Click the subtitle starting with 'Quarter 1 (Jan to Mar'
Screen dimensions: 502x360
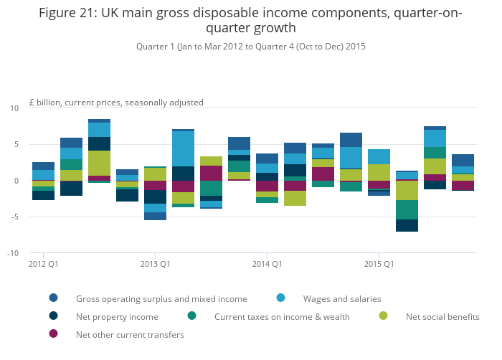click(251, 47)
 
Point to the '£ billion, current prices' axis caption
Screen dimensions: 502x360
click(116, 103)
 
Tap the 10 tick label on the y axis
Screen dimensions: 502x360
click(14, 108)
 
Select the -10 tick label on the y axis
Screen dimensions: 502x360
click(13, 253)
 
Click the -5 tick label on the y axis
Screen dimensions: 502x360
click(14, 217)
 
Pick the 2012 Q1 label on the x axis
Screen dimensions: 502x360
click(44, 264)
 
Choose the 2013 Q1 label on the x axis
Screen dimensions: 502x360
click(156, 264)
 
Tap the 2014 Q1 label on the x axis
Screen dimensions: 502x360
click(267, 264)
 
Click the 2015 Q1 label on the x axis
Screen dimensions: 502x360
click(379, 264)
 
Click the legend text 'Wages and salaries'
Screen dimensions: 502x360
click(342, 299)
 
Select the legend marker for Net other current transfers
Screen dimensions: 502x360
click(54, 333)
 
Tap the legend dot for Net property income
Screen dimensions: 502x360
click(54, 316)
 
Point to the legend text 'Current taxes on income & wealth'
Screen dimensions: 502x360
click(282, 317)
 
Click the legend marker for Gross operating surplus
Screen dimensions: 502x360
click(54, 298)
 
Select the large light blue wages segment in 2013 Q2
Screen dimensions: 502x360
click(183, 148)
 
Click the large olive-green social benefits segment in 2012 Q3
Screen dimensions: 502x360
click(99, 163)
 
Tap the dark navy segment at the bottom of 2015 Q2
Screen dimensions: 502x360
click(407, 225)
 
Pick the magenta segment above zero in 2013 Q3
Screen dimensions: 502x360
click(212, 173)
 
